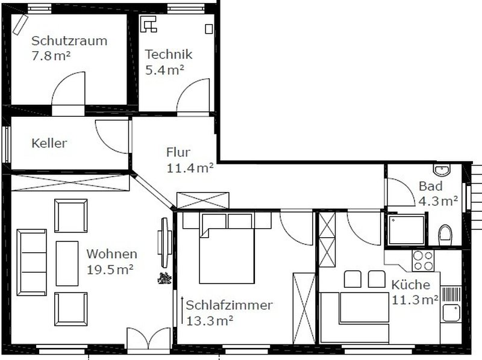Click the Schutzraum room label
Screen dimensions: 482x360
click(x=69, y=41)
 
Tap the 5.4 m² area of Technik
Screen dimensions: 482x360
click(x=164, y=70)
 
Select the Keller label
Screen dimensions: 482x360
click(x=49, y=143)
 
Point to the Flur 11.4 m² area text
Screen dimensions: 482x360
click(x=190, y=168)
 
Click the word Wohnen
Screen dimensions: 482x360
click(x=112, y=254)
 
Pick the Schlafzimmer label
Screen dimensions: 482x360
click(x=229, y=305)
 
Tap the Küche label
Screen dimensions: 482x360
click(x=411, y=284)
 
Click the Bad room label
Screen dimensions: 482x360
click(x=431, y=186)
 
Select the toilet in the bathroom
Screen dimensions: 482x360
click(x=445, y=235)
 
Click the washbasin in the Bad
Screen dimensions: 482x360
click(x=442, y=170)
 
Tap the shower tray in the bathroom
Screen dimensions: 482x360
click(x=406, y=230)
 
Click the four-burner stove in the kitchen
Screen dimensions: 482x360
click(x=423, y=261)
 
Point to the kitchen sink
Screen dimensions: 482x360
click(x=451, y=312)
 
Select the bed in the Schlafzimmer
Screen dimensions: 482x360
click(x=227, y=248)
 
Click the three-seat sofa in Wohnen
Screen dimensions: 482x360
click(x=32, y=262)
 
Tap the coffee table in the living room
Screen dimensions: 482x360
click(x=67, y=263)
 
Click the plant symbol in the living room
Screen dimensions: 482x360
click(x=164, y=278)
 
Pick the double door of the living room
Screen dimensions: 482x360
click(x=148, y=338)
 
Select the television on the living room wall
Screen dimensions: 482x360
click(x=164, y=242)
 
